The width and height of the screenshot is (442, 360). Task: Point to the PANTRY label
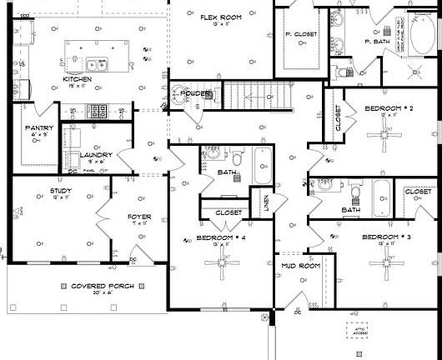pyautogui.click(x=39, y=127)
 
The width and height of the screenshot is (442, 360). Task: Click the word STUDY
pyautogui.click(x=37, y=191)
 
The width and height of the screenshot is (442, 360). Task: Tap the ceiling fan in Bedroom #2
pyautogui.click(x=386, y=131)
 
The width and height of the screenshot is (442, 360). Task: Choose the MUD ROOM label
pyautogui.click(x=300, y=266)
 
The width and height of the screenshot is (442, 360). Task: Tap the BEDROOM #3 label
pyautogui.click(x=386, y=237)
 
